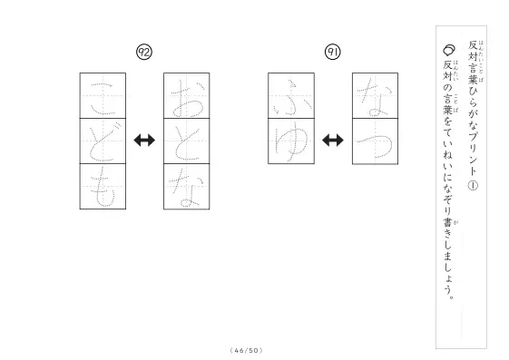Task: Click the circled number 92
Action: click(144, 53)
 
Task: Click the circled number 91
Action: click(333, 53)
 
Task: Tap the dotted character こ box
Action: click(103, 96)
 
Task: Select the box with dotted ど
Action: click(103, 141)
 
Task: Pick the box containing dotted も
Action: click(103, 187)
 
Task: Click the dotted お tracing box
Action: click(187, 96)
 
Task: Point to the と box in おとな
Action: click(187, 141)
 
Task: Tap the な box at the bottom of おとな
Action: click(187, 187)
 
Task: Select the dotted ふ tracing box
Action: click(291, 96)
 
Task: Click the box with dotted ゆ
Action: click(291, 141)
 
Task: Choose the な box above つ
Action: click(376, 96)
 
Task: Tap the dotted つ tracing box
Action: click(376, 141)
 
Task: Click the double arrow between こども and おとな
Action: click(144, 141)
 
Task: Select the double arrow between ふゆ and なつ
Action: click(333, 141)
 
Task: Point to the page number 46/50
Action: click(247, 351)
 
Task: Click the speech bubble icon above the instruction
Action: click(449, 50)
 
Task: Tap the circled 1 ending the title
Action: click(473, 186)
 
